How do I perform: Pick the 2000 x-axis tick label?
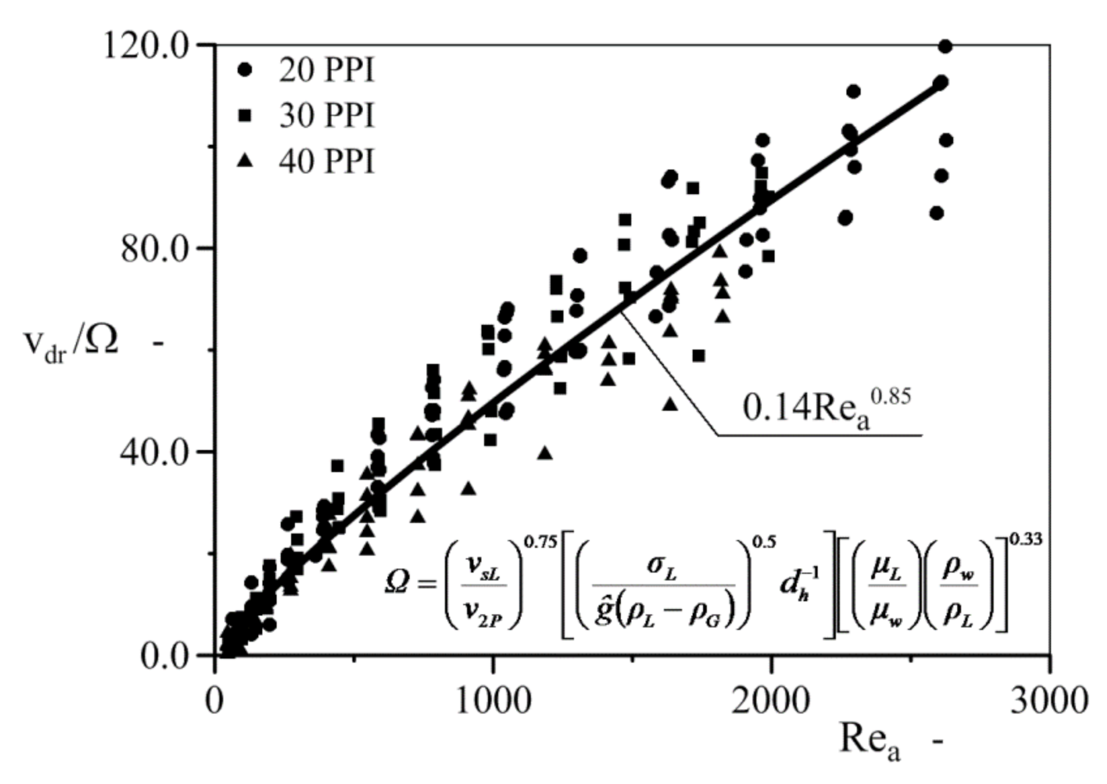coord(770,701)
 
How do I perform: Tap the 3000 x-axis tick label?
coord(1049,701)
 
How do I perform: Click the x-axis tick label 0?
coord(214,701)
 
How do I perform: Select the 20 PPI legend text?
coord(326,71)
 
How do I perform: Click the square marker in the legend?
coord(245,116)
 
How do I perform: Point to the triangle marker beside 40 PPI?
coord(245,161)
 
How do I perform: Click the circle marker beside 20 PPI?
coord(245,70)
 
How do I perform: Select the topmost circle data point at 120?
coord(945,46)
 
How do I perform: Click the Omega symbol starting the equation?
coord(397,583)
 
